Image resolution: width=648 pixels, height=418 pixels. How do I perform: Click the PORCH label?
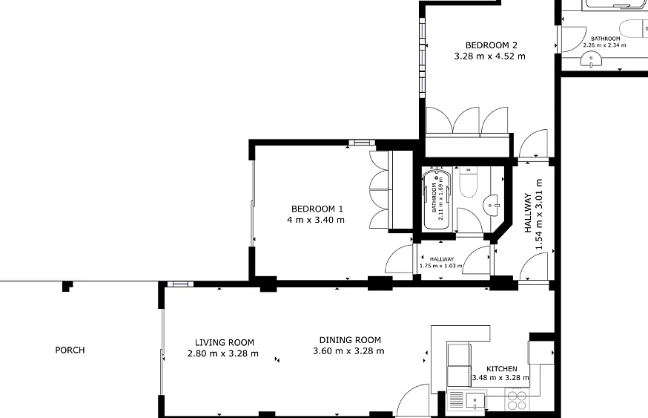tap(70, 350)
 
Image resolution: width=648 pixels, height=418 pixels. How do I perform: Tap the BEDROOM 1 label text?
tap(317, 209)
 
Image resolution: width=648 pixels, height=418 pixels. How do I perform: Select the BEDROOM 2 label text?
tap(492, 45)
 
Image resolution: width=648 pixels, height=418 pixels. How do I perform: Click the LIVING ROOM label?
tap(225, 343)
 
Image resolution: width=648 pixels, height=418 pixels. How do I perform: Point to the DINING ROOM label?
tap(350, 340)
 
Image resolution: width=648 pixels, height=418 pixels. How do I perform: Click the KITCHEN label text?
tap(502, 369)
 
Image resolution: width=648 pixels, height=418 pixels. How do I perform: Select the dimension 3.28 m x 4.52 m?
tap(490, 56)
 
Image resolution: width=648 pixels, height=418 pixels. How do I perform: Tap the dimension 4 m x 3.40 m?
tap(316, 220)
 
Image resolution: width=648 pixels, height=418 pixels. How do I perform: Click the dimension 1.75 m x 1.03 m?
tap(441, 266)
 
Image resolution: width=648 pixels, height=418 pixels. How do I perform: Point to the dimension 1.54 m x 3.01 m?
tap(538, 215)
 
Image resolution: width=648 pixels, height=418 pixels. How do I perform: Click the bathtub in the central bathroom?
tap(437, 200)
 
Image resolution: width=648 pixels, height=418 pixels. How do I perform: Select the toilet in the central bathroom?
tap(469, 182)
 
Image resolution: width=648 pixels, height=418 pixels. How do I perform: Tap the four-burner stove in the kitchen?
tap(517, 399)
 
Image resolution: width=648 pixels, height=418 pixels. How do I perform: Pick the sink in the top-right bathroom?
tap(591, 61)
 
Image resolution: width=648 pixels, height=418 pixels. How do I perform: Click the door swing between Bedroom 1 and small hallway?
tap(399, 258)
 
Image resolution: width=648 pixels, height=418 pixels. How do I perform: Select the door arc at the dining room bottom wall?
tap(413, 399)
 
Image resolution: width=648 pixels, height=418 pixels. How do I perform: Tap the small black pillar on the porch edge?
tap(67, 286)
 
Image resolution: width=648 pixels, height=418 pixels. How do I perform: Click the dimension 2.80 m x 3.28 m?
tap(223, 354)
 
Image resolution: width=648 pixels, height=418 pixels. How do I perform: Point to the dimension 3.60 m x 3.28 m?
tap(348, 351)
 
